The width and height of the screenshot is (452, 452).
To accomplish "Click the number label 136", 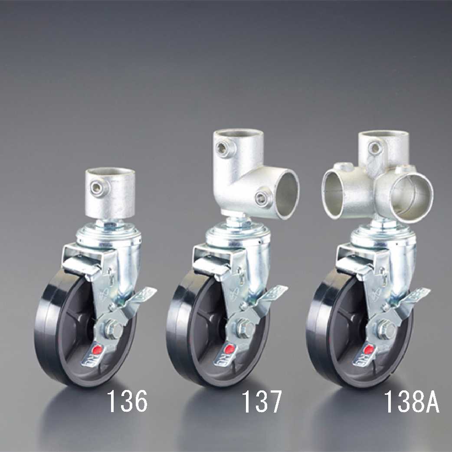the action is (127, 402).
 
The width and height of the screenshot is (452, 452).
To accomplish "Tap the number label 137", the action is (261, 402).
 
